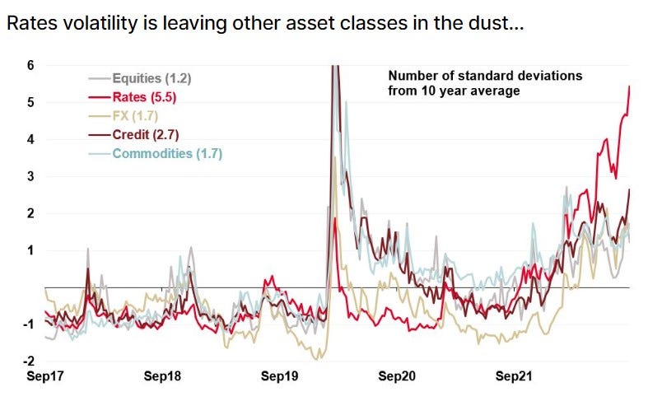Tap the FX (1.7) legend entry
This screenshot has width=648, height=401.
pyautogui.click(x=125, y=116)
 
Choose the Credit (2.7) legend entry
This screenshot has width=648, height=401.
pyautogui.click(x=133, y=134)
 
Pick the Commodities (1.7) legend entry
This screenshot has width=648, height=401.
pyautogui.click(x=156, y=153)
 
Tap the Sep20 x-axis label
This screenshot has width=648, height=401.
pyautogui.click(x=398, y=377)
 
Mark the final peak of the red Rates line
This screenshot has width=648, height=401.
pyautogui.click(x=630, y=86)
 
